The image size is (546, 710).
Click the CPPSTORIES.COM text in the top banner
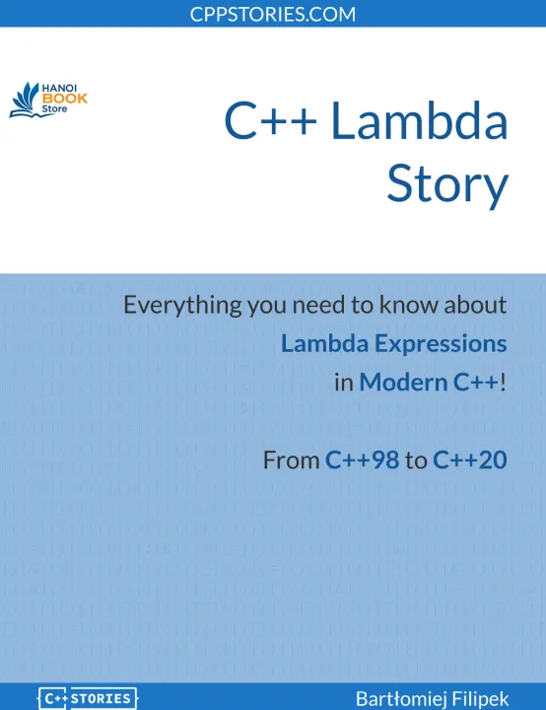coord(273,14)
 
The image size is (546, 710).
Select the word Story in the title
coord(447,184)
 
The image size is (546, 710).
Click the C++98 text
coord(362,460)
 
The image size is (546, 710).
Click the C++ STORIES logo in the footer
coord(87,698)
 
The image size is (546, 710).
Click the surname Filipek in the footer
coord(480,698)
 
